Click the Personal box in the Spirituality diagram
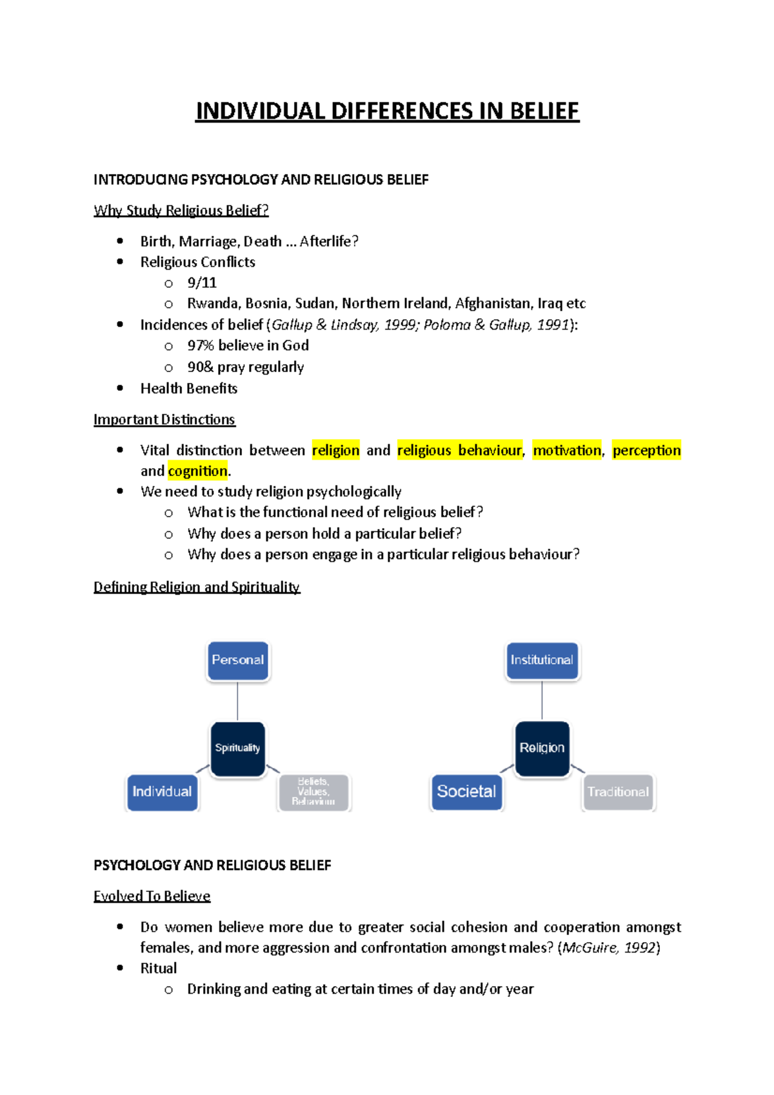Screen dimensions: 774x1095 (x=237, y=660)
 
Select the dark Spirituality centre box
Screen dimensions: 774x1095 (x=237, y=748)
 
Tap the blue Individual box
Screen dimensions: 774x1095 (x=162, y=792)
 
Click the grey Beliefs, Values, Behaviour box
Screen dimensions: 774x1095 (x=313, y=792)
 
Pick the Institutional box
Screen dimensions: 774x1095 (x=542, y=660)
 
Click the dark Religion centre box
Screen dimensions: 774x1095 (x=542, y=748)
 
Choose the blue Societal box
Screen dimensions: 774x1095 (x=466, y=792)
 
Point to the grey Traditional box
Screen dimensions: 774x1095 (x=618, y=792)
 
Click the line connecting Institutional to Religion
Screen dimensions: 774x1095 (x=542, y=700)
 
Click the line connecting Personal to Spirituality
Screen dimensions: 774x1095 (x=237, y=701)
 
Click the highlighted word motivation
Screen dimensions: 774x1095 (x=567, y=450)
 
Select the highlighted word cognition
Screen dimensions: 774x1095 (x=197, y=471)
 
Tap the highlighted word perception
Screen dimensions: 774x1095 (x=646, y=450)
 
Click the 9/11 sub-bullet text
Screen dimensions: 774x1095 (x=202, y=283)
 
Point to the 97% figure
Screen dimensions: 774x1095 (x=201, y=346)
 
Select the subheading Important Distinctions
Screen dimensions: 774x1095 (x=164, y=420)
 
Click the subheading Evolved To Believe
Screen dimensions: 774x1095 (x=152, y=896)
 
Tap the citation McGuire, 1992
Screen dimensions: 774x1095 (x=609, y=948)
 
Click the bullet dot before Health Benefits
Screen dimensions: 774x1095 (x=120, y=388)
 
